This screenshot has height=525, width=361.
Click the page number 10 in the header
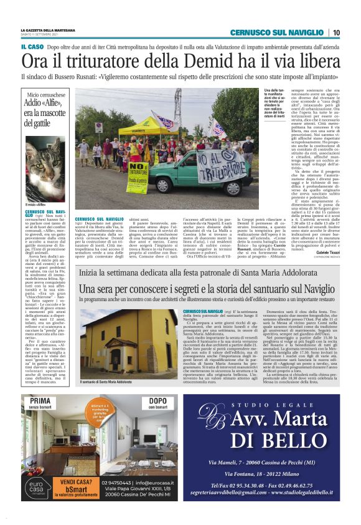(x=335, y=32)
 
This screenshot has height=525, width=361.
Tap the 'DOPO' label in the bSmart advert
(x=158, y=401)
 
